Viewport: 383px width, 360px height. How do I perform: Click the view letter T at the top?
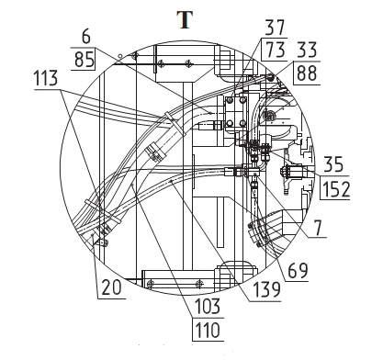pyautogui.click(x=185, y=20)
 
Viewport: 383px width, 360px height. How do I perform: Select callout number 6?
pyautogui.click(x=86, y=37)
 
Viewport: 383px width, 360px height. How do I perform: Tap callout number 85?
pyautogui.click(x=84, y=59)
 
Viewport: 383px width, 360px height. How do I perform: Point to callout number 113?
pyautogui.click(x=45, y=78)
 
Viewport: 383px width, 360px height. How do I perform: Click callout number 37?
pyautogui.click(x=275, y=28)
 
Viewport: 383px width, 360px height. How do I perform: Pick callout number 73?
pyautogui.click(x=276, y=49)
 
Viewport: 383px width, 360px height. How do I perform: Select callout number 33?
pyautogui.click(x=307, y=50)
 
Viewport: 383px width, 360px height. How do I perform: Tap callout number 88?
pyautogui.click(x=307, y=73)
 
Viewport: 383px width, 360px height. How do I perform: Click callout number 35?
pyautogui.click(x=333, y=164)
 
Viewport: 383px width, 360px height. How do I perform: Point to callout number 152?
pyautogui.click(x=336, y=189)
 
